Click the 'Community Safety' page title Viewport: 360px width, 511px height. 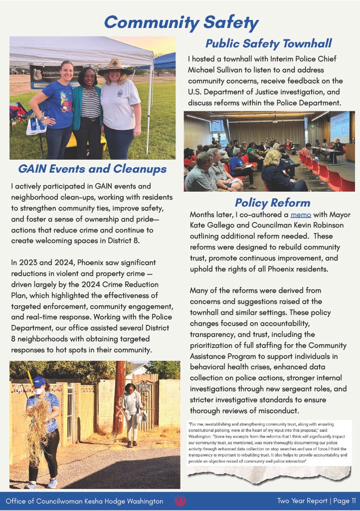[x=180, y=22]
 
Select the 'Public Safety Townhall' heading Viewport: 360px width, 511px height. [x=268, y=43]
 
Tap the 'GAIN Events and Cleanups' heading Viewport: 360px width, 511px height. [x=92, y=169]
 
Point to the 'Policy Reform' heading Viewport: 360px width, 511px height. [x=272, y=203]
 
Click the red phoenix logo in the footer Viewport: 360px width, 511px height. [x=180, y=501]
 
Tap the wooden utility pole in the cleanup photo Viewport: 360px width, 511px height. [x=119, y=394]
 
